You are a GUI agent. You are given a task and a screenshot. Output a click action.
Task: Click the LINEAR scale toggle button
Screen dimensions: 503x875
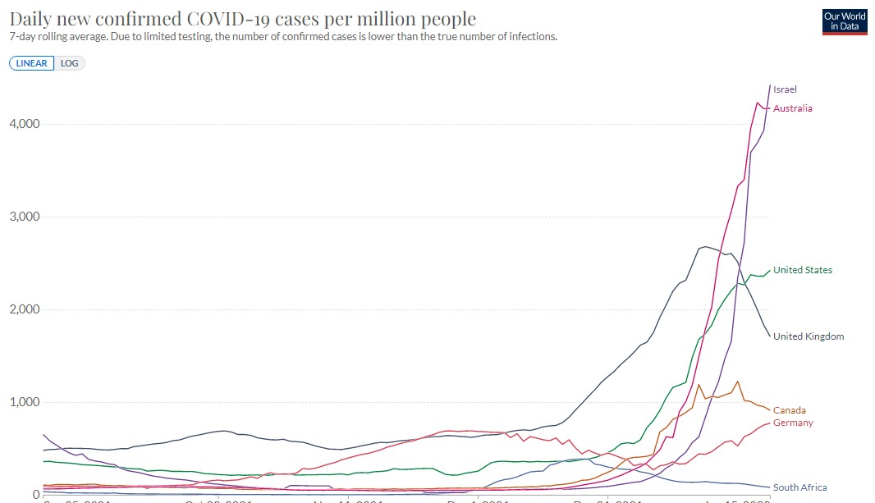[x=31, y=63]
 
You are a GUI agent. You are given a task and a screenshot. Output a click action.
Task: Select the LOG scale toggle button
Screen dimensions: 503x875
[x=69, y=63]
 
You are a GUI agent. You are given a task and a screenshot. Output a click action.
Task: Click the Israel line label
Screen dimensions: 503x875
[x=785, y=89]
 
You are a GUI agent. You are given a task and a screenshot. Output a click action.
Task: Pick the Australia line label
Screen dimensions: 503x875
[x=792, y=108]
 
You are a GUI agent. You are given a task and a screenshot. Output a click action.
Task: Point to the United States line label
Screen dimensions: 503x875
[x=802, y=270]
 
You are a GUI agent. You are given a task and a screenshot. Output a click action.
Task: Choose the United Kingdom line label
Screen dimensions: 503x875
[x=808, y=336]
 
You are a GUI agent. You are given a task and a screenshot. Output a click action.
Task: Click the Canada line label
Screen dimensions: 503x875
[x=789, y=410]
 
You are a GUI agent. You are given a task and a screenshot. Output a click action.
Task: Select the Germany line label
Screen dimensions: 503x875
[x=793, y=423]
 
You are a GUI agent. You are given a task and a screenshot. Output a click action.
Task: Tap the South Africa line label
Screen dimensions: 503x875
[x=799, y=487]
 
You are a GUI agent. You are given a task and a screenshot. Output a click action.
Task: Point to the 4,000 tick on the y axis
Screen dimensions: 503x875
[x=25, y=124]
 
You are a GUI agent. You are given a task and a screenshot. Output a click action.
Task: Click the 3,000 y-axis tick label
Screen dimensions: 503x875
[x=25, y=217]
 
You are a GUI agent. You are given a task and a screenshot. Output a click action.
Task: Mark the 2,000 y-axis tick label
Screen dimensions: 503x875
[x=25, y=309]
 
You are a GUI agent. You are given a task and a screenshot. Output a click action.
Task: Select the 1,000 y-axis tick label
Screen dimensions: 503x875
[x=25, y=402]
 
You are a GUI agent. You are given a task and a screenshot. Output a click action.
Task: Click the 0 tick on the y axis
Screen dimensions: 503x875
[x=36, y=494]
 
